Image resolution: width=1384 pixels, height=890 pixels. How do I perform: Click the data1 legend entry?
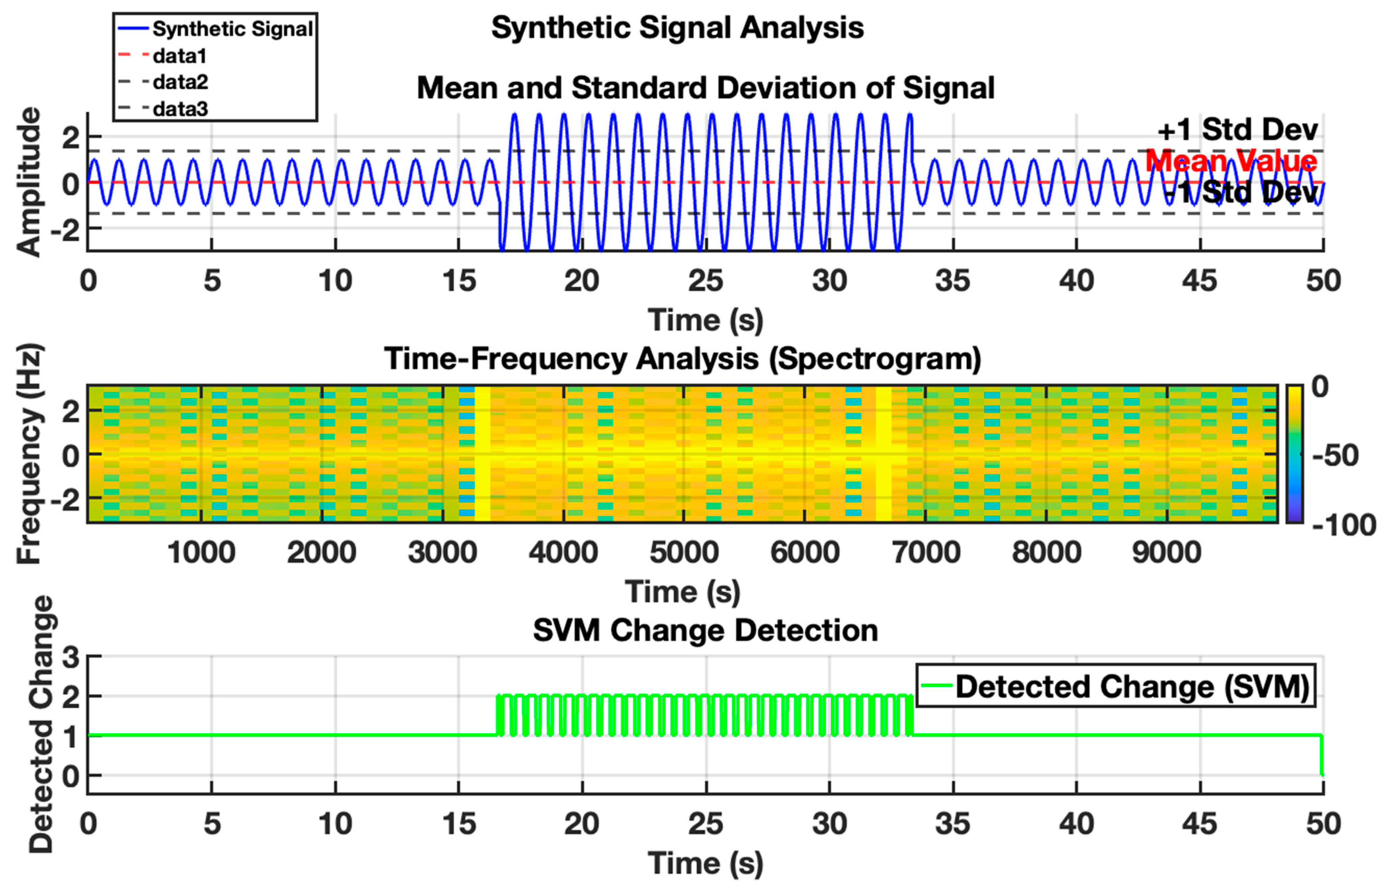point(179,56)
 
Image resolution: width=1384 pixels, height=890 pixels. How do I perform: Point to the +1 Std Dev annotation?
point(1237,130)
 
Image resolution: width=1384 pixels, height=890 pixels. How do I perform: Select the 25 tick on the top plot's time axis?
point(705,282)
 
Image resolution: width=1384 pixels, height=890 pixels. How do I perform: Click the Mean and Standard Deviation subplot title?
point(705,88)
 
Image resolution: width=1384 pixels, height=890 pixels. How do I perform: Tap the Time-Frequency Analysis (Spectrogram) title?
point(682,359)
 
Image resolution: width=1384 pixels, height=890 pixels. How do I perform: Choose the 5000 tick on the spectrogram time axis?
point(684,552)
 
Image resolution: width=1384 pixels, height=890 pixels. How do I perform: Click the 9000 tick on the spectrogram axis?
point(1167,552)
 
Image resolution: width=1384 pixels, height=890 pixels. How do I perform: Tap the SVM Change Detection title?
point(705,630)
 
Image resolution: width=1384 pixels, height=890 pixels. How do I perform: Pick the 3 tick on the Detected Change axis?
point(71,657)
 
